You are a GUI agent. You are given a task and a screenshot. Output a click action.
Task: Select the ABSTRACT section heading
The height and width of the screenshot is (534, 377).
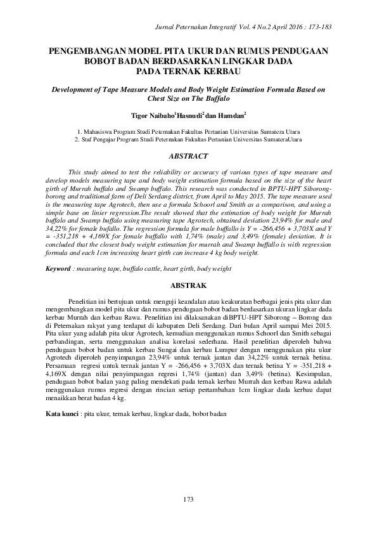tap(188, 155)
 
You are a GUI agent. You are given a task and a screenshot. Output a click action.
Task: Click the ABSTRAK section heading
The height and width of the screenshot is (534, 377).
tap(188, 286)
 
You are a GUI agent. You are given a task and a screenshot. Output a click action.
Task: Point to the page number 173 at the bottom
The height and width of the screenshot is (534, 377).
tap(188, 500)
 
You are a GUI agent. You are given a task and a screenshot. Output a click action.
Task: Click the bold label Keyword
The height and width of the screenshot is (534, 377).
tap(58, 269)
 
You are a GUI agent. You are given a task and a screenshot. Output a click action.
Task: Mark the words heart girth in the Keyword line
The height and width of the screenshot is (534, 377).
tap(182, 269)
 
